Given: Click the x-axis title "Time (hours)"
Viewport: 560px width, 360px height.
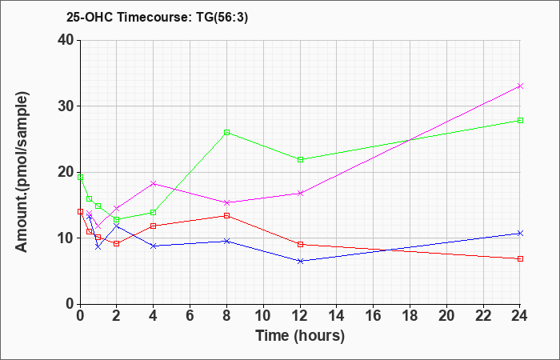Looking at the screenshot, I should click(x=300, y=336).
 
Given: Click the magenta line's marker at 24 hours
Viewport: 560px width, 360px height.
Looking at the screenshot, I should click(x=520, y=86).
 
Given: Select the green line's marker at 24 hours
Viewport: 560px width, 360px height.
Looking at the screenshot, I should click(x=520, y=120).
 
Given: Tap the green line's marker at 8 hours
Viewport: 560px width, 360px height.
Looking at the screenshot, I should click(x=227, y=132).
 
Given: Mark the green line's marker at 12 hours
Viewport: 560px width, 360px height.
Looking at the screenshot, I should click(x=300, y=159).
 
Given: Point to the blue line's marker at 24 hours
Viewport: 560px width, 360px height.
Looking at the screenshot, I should click(x=520, y=233).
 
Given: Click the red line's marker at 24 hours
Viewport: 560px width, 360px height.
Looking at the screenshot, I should click(x=520, y=258).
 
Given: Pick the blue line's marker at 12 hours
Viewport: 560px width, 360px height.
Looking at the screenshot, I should click(x=300, y=261).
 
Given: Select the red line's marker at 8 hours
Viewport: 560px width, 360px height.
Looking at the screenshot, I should click(x=227, y=215).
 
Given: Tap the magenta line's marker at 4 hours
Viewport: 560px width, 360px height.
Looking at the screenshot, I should click(x=154, y=183).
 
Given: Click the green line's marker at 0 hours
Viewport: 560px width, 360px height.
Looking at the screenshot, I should click(x=80, y=176).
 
